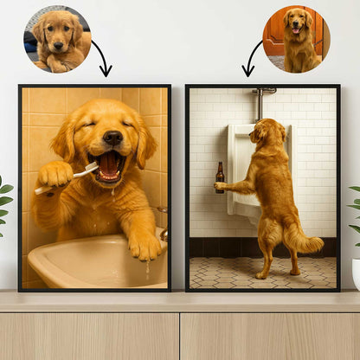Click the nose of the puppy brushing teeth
click(x=112, y=138)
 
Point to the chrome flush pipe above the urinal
click(x=258, y=104)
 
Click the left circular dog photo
click(x=57, y=39)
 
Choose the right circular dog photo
click(x=296, y=39)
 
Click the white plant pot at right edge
click(x=356, y=273)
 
